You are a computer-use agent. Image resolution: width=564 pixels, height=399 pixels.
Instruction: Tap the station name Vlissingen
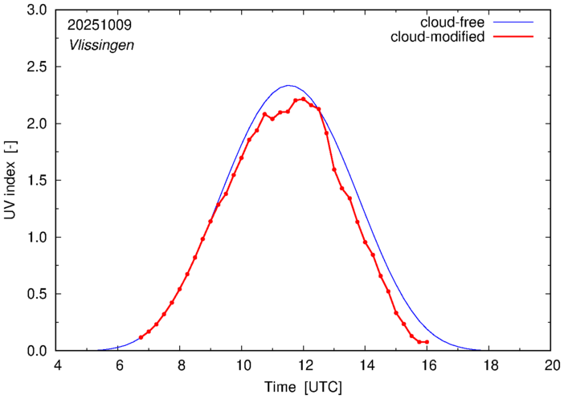(x=100, y=45)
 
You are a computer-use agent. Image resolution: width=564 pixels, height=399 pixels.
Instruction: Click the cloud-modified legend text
(x=437, y=37)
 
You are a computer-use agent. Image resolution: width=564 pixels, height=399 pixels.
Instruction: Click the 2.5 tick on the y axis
(x=38, y=67)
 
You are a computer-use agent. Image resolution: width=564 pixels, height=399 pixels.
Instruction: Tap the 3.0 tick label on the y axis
(x=38, y=10)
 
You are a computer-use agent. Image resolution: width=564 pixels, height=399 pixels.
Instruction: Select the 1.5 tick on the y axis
(x=38, y=181)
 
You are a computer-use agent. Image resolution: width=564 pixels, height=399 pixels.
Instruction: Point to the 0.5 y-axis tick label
(x=38, y=294)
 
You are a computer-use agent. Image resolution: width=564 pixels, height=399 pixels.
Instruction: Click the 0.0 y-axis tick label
(x=38, y=351)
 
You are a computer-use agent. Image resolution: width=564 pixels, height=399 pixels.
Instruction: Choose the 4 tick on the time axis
(x=57, y=364)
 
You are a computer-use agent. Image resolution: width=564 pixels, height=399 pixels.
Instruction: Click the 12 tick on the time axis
(x=304, y=364)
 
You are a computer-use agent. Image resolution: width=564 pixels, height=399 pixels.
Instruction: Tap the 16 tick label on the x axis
(x=427, y=364)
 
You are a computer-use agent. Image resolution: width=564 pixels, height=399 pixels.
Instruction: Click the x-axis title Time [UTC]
(x=303, y=387)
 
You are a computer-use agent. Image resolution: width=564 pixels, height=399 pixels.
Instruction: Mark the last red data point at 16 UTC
(x=427, y=342)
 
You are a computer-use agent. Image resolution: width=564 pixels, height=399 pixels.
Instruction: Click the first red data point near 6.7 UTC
(x=141, y=337)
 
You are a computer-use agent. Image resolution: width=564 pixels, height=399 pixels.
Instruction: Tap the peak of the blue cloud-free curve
(x=288, y=85)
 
